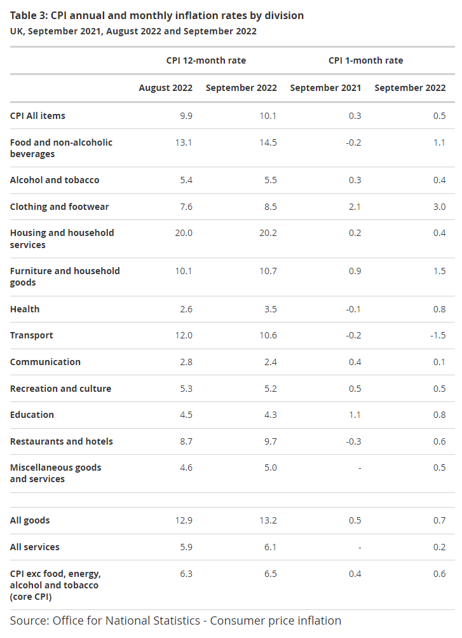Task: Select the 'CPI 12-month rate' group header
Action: click(x=206, y=60)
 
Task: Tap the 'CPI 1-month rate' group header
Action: click(x=365, y=60)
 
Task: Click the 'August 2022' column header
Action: click(x=166, y=88)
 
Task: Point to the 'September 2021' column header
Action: click(x=325, y=88)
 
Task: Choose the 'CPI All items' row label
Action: click(x=37, y=116)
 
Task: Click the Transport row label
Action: click(x=32, y=336)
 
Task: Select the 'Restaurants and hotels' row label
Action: click(x=62, y=441)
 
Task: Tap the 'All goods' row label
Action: click(x=30, y=521)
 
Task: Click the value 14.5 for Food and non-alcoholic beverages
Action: click(x=268, y=143)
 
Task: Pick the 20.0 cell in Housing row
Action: click(x=184, y=233)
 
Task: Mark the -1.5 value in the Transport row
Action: click(x=438, y=336)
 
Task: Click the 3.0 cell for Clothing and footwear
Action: click(x=439, y=207)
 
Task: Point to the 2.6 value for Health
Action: click(x=186, y=310)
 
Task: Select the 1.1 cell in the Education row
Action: click(x=355, y=415)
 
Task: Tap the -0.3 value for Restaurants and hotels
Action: click(x=353, y=441)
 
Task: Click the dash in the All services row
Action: click(x=360, y=548)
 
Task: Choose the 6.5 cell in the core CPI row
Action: click(x=271, y=574)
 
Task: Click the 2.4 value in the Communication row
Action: click(x=271, y=362)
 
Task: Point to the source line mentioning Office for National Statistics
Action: click(x=175, y=621)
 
